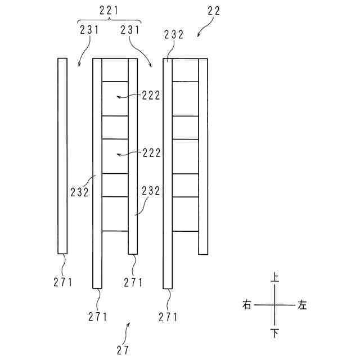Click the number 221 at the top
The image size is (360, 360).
click(x=108, y=10)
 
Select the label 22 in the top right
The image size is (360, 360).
click(x=213, y=10)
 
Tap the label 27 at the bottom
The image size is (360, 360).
click(x=123, y=349)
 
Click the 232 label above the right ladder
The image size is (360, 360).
click(x=174, y=34)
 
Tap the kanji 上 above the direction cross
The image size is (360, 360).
click(x=274, y=277)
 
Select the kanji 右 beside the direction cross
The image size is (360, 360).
click(x=246, y=305)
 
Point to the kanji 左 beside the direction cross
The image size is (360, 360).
click(x=303, y=305)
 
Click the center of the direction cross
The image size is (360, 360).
click(x=274, y=305)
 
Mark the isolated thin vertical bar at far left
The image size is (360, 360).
click(x=62, y=156)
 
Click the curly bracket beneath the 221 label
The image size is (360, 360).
click(x=108, y=20)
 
